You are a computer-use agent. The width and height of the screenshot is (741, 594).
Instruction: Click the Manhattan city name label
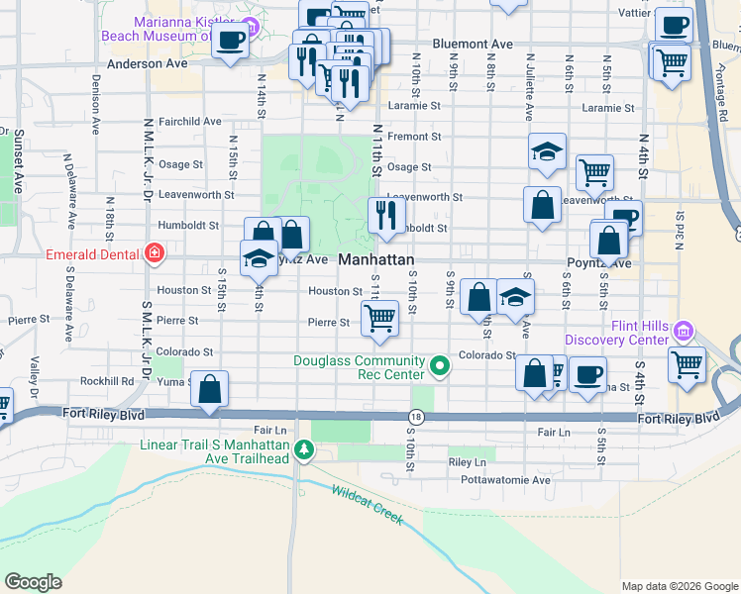point(376,258)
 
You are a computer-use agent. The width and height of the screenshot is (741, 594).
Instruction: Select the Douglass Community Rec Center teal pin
point(442,370)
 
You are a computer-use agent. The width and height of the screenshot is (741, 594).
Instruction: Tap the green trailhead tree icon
point(307,451)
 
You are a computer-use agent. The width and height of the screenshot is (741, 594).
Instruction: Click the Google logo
point(33,582)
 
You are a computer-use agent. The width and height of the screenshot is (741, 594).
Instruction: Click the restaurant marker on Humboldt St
point(385,215)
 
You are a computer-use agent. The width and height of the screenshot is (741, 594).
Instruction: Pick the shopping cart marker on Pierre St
point(380,318)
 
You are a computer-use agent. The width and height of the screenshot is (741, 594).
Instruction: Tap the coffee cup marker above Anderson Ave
point(231,41)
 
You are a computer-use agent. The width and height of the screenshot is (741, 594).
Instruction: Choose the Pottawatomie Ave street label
point(512,480)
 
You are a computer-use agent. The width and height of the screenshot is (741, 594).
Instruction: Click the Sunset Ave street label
point(18,160)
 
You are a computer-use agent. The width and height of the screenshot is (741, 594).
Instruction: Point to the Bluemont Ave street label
point(474,45)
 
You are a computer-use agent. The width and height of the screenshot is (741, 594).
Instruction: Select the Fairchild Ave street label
point(189,121)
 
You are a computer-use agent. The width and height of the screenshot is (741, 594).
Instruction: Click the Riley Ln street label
point(467,462)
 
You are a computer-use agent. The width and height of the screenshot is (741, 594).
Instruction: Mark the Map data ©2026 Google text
point(679,586)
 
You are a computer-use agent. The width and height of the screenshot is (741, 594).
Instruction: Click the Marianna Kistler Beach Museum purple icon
point(250,25)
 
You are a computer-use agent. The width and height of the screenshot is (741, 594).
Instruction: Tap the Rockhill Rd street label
point(107,380)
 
